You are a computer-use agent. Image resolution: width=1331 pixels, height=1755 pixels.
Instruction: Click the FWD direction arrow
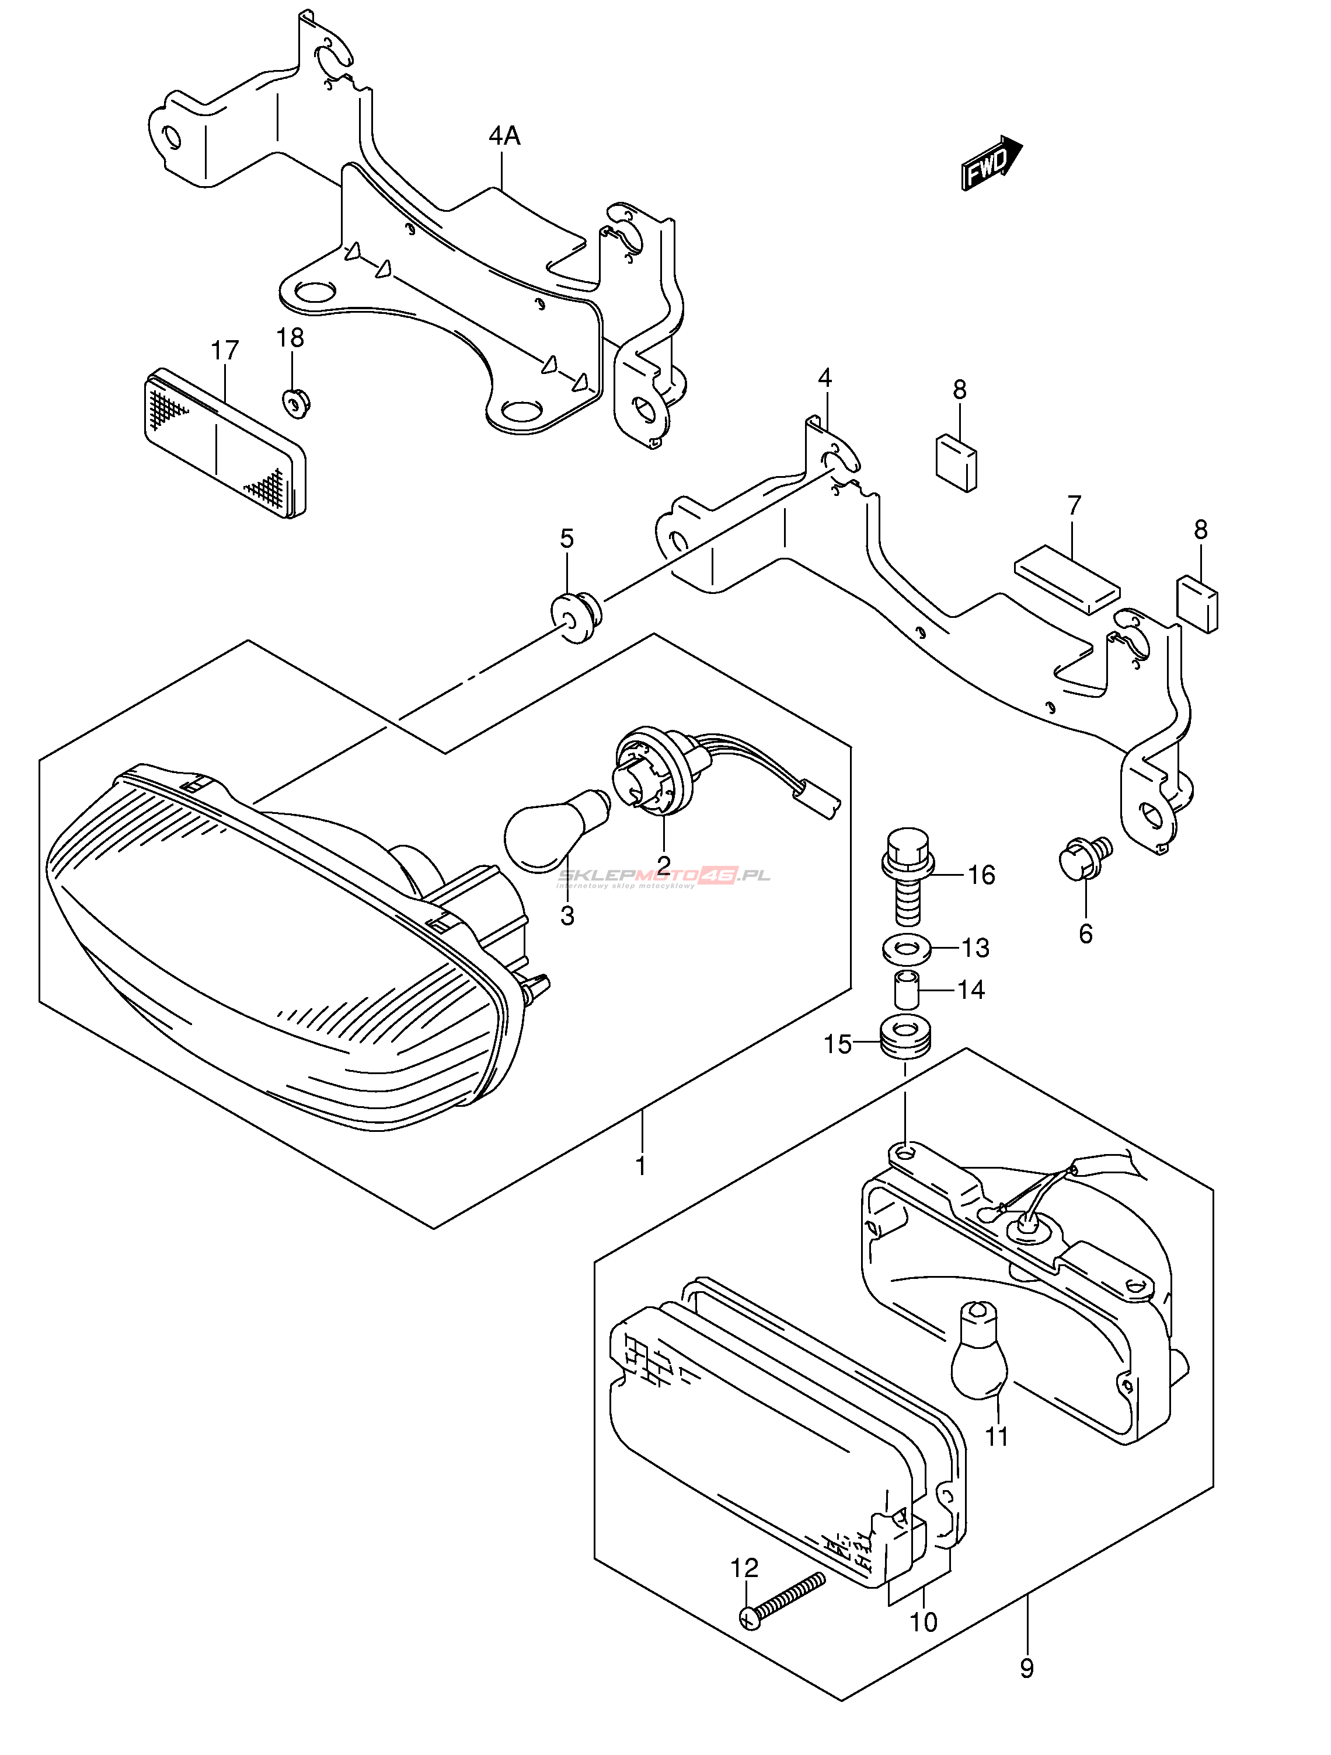[991, 163]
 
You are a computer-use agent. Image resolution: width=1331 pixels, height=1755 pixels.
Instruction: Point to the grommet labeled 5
[577, 617]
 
